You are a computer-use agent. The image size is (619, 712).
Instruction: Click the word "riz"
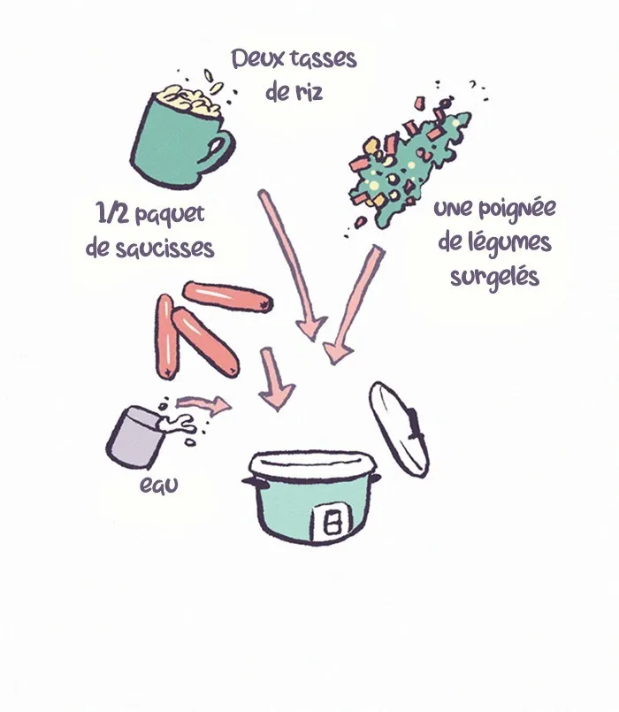tap(309, 93)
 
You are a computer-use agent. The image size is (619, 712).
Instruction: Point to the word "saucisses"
tap(164, 249)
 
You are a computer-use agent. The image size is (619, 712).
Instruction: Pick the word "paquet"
tap(170, 215)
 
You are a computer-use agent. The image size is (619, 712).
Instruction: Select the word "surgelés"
tap(494, 277)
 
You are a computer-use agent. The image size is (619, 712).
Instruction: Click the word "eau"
tap(158, 485)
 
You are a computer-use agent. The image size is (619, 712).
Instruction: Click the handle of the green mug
tap(217, 149)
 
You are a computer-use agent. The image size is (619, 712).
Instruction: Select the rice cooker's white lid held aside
tap(399, 429)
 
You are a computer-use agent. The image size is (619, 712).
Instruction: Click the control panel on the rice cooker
tap(332, 524)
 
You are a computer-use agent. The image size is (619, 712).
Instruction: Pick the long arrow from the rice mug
tap(291, 264)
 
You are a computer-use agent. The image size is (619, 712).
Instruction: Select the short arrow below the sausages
tap(274, 379)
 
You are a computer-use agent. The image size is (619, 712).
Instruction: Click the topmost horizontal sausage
tap(227, 296)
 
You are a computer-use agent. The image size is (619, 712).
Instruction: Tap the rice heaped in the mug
tap(187, 100)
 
